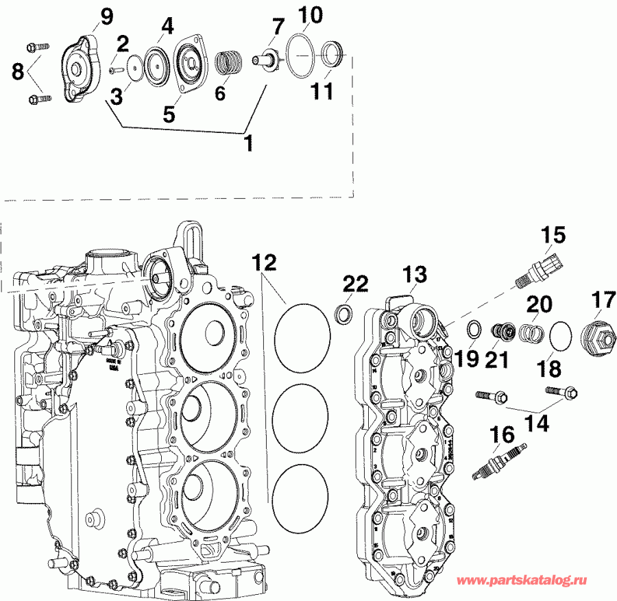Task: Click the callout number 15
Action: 553,236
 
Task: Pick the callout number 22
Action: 356,284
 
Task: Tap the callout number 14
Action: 537,424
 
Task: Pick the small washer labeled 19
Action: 472,330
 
